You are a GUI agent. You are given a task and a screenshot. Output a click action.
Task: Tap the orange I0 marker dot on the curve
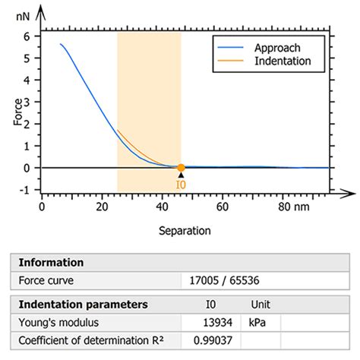tap(181, 168)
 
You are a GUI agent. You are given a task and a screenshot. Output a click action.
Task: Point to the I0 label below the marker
tap(181, 184)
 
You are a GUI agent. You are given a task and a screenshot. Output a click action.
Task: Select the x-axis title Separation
tap(185, 229)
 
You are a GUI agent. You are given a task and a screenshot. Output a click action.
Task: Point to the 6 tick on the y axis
tap(27, 36)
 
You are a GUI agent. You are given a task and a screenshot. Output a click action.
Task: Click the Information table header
tap(52, 263)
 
